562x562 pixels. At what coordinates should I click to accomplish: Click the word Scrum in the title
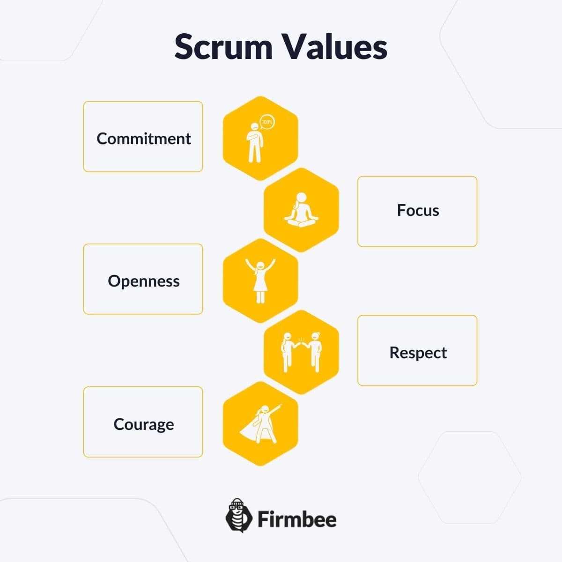point(223,47)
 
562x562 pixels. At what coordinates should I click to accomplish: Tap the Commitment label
point(144,139)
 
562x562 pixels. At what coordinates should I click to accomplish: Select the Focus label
point(418,210)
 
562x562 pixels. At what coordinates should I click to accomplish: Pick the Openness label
point(144,281)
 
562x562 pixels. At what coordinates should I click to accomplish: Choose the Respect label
point(418,353)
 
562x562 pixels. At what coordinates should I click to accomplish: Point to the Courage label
point(144,424)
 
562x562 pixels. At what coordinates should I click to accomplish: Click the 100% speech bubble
point(267,122)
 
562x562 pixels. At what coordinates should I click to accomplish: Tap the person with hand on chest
point(255,143)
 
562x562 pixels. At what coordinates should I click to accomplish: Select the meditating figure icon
point(301,210)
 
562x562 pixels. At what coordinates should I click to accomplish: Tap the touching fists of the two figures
point(302,344)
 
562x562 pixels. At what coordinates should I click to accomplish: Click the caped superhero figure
point(260,424)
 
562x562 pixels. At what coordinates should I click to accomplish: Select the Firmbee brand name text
point(297,519)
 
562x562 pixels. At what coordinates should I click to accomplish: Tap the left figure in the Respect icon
point(288,353)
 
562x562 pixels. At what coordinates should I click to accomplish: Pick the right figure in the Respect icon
point(314,353)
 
